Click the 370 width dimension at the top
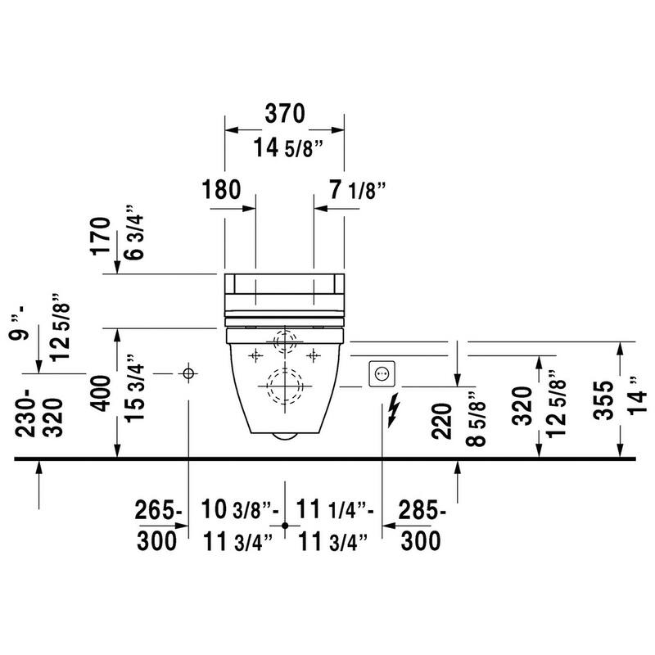(x=285, y=114)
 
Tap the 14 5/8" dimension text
(x=289, y=147)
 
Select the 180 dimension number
(x=221, y=189)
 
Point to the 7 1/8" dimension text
(x=357, y=190)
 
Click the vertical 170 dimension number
(x=100, y=236)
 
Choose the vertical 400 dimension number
(x=101, y=393)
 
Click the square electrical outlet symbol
(x=382, y=373)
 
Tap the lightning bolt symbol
(x=394, y=410)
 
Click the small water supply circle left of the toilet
(x=188, y=373)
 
